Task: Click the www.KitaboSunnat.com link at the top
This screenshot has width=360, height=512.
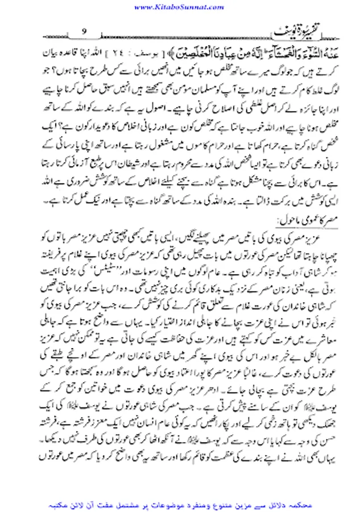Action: [180, 6]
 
